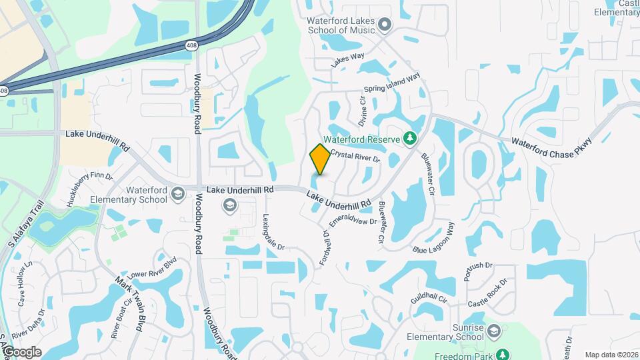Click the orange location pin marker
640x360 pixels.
click(320, 159)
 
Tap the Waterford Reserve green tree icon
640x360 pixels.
click(411, 139)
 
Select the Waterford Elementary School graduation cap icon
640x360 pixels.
click(177, 193)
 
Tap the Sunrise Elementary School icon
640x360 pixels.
click(494, 331)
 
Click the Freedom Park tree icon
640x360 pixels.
click(505, 353)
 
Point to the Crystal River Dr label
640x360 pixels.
click(355, 156)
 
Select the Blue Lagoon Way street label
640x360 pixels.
click(437, 243)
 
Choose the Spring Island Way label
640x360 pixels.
click(392, 84)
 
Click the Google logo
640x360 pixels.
click(21, 352)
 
